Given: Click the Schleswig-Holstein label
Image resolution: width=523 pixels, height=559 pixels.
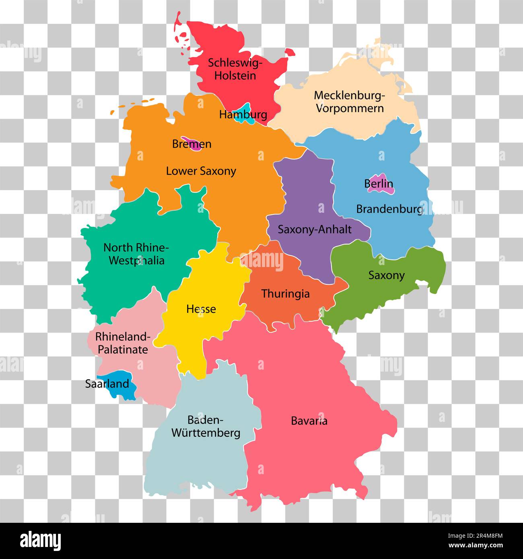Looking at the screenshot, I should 235,69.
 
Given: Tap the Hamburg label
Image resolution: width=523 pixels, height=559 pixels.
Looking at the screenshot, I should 243,115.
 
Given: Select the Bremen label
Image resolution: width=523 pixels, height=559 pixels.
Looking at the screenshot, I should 191,144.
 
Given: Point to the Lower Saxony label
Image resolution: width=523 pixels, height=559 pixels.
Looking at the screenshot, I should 201,171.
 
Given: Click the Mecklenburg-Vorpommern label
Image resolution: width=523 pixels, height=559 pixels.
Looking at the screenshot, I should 349,102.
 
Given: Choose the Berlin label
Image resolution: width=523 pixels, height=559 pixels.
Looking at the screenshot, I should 379,184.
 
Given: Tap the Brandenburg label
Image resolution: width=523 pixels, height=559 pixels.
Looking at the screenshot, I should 389,209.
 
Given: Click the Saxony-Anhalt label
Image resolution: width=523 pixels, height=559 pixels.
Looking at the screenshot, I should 315,230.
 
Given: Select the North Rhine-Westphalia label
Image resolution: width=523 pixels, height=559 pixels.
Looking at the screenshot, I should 136,254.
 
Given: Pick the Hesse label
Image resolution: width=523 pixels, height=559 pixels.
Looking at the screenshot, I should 201,309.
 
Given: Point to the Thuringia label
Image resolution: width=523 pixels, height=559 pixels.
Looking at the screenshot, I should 285,294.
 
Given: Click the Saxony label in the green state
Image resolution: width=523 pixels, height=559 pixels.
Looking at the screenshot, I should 386,275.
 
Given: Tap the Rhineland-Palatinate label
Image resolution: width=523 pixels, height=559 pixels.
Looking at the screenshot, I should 123,343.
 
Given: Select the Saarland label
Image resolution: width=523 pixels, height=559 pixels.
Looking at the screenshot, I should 107,384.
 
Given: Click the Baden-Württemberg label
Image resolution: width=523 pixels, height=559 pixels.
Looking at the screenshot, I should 206,426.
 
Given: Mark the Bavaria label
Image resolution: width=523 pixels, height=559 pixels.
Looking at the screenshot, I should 309,421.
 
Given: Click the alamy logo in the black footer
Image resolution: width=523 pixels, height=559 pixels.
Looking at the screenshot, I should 41,541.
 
